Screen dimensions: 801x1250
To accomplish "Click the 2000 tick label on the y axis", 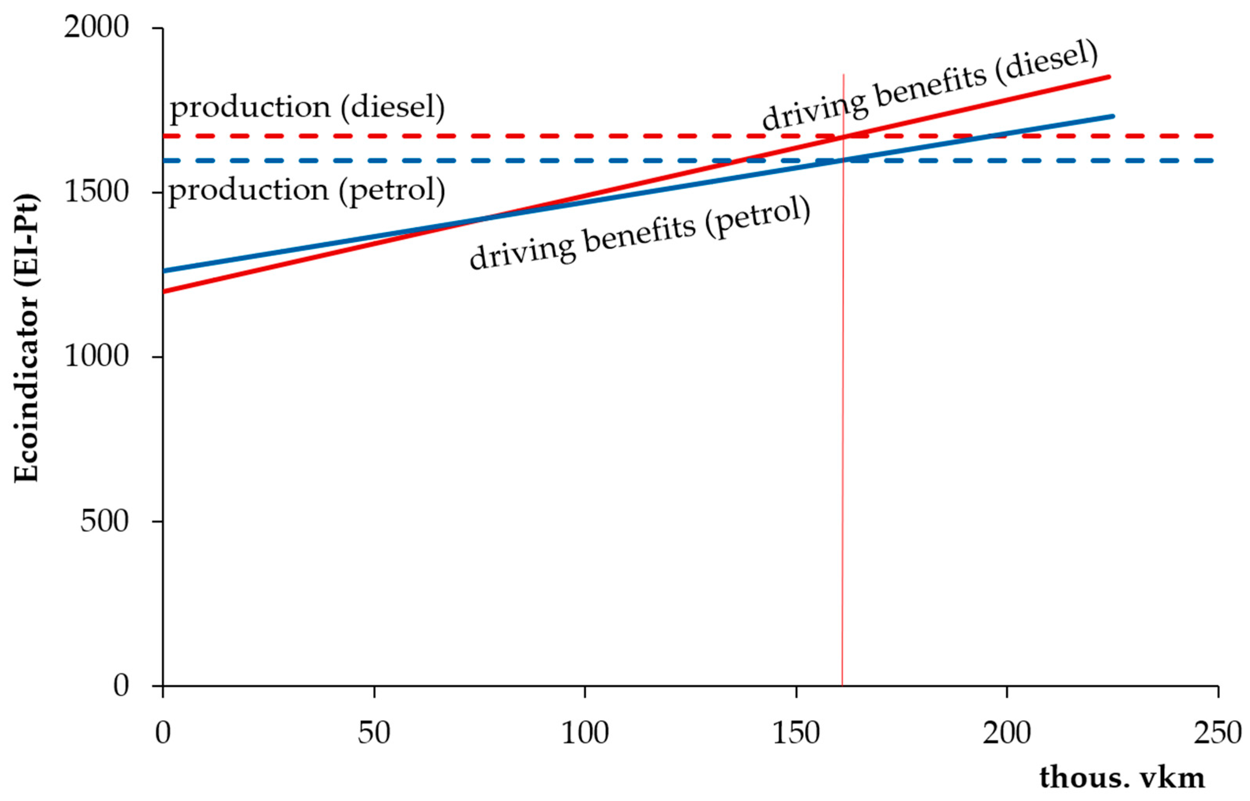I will (96, 27).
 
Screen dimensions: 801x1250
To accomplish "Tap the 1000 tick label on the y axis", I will (96, 357).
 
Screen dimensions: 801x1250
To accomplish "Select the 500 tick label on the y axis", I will (104, 521).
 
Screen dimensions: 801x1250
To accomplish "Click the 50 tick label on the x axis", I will (374, 734).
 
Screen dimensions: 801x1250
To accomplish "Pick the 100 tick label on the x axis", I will (585, 734).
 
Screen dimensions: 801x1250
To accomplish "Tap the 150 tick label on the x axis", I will (796, 734).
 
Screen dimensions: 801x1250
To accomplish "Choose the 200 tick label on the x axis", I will (1007, 734).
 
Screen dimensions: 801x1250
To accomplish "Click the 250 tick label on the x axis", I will (1217, 734).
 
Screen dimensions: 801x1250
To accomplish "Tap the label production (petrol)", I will (307, 190).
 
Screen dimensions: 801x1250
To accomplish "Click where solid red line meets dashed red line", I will (843, 136).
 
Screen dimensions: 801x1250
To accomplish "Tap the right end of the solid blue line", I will (1112, 116).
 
